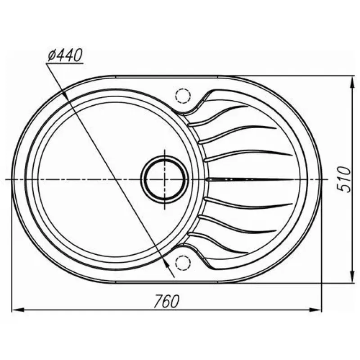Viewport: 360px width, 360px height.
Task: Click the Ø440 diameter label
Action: click(65, 55)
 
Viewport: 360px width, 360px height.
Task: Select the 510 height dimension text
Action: click(344, 179)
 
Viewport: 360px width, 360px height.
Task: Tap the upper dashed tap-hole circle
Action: click(183, 95)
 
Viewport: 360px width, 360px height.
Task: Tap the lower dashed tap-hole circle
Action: click(183, 262)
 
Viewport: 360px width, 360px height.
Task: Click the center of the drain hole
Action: click(165, 179)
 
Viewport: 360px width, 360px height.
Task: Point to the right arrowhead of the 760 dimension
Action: click(315, 310)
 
